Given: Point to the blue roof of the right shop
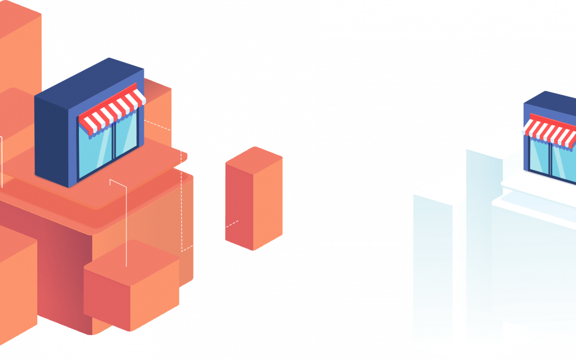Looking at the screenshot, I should point(549,101).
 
